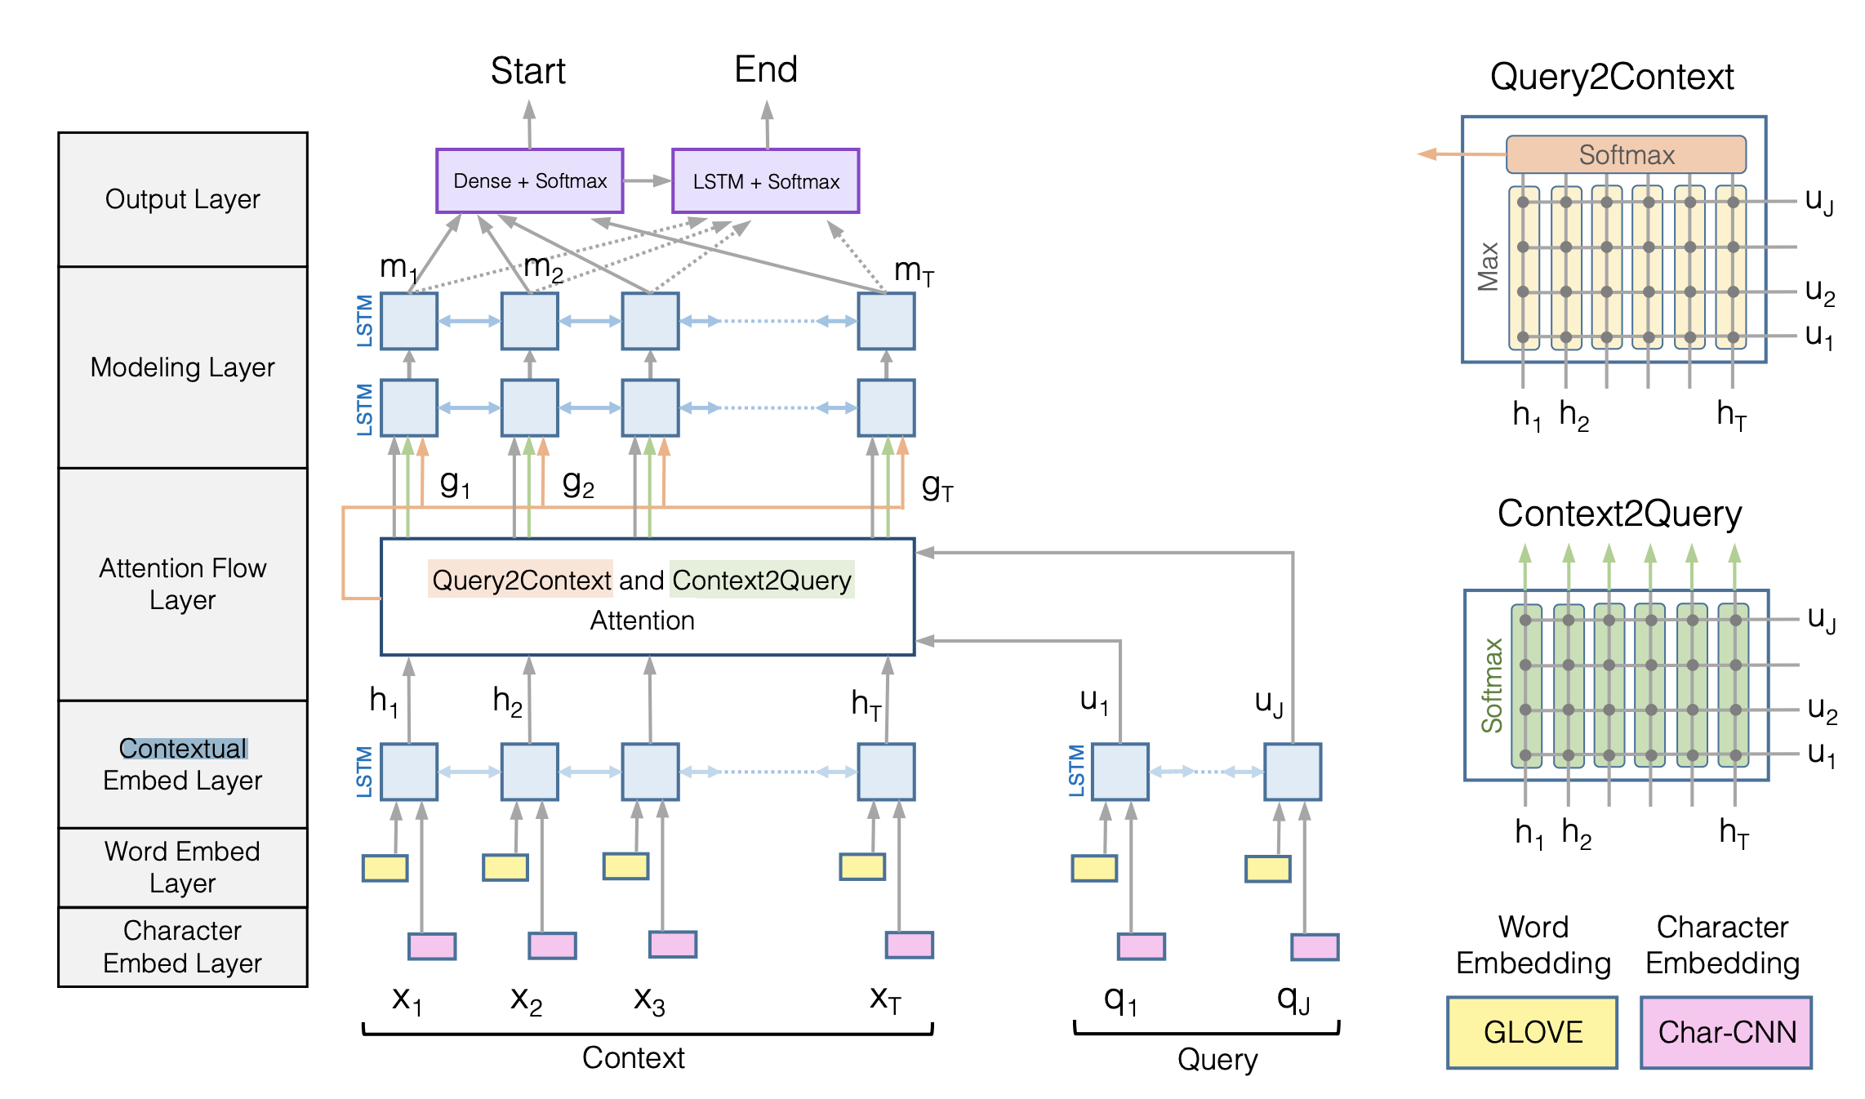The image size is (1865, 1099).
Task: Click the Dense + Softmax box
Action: coord(529,180)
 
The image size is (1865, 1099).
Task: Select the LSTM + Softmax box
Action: coord(765,180)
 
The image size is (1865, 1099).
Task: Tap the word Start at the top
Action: coord(527,71)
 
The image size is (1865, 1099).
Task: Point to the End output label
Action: coord(765,69)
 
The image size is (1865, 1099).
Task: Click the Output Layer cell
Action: coord(182,199)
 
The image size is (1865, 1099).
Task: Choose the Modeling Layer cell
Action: coord(182,367)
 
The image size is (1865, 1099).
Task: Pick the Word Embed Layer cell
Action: coord(182,867)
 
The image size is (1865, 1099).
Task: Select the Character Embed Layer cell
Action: coord(182,946)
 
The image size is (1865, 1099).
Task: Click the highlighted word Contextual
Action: coord(182,748)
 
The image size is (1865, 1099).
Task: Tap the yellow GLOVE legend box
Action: coord(1532,1032)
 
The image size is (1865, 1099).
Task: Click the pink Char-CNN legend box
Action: coord(1726,1032)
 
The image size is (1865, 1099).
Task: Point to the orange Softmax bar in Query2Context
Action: coord(1626,154)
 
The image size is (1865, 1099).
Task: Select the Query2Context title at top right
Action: coord(1611,77)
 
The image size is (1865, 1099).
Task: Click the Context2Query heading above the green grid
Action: coord(1618,514)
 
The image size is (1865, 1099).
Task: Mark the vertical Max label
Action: coord(1488,267)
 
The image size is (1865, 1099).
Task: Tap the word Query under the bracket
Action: coord(1217,1060)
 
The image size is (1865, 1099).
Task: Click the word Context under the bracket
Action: coord(633,1058)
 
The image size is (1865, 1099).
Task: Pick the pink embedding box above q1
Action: coord(1141,946)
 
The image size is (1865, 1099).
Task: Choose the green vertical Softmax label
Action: coord(1492,686)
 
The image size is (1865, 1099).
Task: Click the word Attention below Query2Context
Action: coord(642,621)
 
